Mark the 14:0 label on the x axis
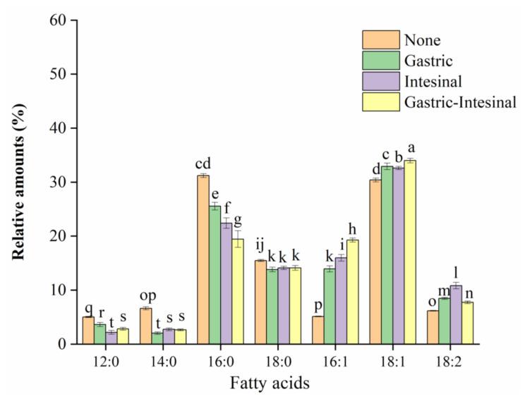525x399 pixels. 162,360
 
